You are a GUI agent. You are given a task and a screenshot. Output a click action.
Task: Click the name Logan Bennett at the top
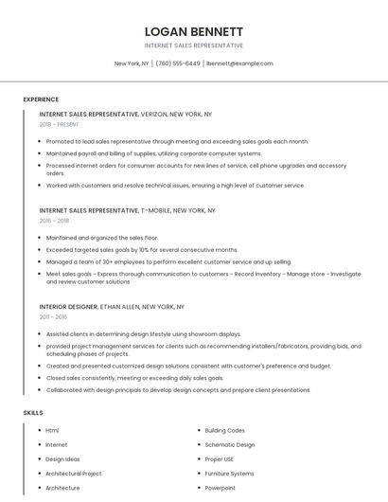(x=194, y=31)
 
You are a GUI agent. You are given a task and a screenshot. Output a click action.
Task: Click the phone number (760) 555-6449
(x=178, y=63)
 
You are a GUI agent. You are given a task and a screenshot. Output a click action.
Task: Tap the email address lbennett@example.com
(x=239, y=63)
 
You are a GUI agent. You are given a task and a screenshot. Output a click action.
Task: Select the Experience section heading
(x=41, y=99)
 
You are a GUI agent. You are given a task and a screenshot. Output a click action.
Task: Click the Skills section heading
(x=33, y=413)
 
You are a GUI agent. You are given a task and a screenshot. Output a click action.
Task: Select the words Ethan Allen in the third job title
(x=119, y=307)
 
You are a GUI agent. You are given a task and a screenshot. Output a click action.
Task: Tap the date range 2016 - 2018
(x=55, y=221)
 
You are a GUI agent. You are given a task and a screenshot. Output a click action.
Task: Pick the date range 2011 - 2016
(x=55, y=317)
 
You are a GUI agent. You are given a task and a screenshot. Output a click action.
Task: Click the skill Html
(x=52, y=430)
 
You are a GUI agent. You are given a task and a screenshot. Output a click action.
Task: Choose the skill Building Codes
(x=224, y=430)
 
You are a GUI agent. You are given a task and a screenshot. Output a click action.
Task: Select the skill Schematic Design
(x=230, y=444)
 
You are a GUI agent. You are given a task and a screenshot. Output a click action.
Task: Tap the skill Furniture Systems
(x=230, y=473)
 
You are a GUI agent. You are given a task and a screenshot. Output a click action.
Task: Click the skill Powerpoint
(x=221, y=487)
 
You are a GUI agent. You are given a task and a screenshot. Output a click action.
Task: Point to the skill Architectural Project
(x=74, y=473)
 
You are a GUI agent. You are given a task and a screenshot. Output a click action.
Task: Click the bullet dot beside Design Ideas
(x=39, y=458)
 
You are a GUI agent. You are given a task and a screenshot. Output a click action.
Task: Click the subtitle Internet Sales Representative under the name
(x=194, y=45)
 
